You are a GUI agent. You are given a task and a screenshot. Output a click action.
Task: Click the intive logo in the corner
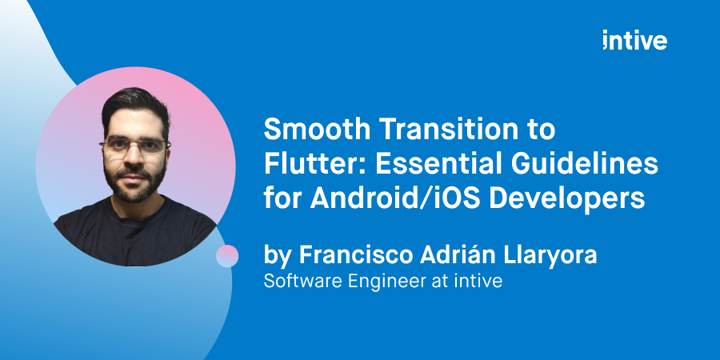(635, 41)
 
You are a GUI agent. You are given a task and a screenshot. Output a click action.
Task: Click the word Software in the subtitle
(298, 282)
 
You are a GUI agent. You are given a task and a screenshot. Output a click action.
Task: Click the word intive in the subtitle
(481, 282)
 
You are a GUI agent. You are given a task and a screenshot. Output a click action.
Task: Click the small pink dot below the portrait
(227, 256)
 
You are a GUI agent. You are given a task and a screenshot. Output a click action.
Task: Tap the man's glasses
(134, 146)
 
